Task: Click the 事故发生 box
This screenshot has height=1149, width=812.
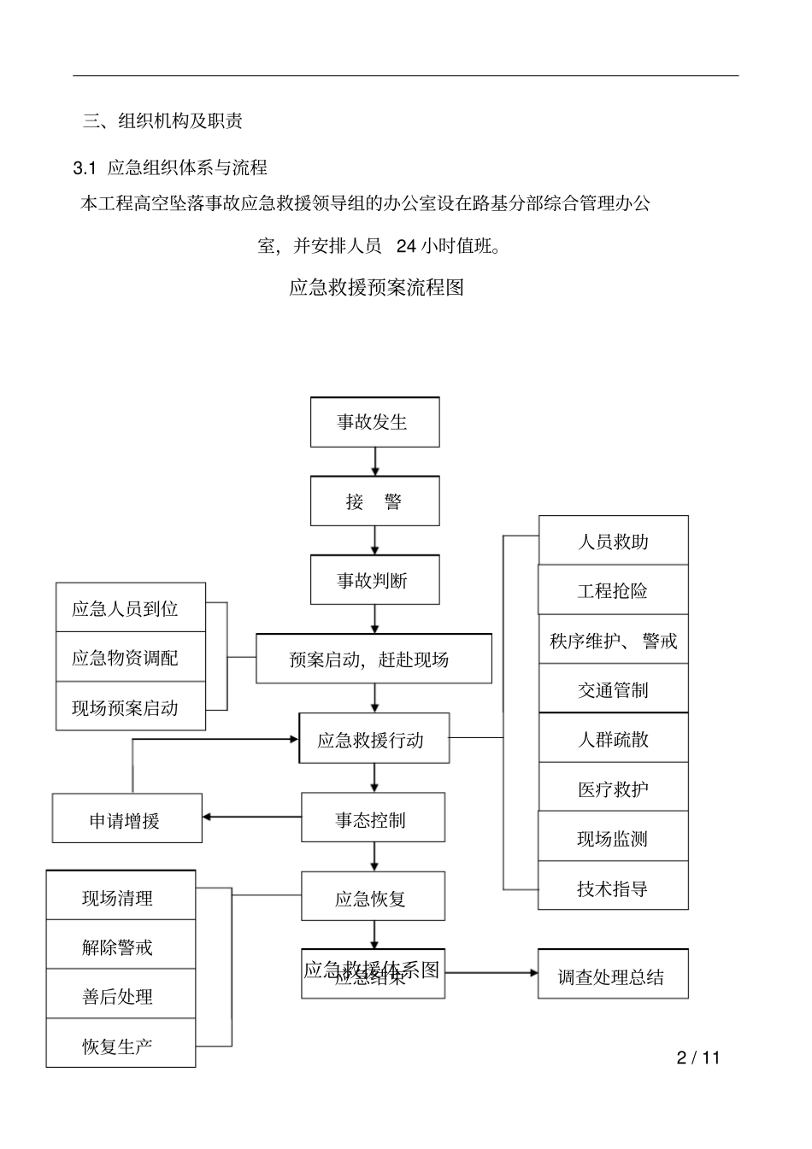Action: pyautogui.click(x=374, y=422)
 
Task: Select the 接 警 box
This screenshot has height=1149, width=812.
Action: pyautogui.click(x=374, y=501)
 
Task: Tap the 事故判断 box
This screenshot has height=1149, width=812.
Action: pyautogui.click(x=374, y=581)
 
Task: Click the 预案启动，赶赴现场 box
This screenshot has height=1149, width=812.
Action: pyautogui.click(x=374, y=659)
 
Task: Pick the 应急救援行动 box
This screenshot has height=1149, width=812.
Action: pyautogui.click(x=374, y=739)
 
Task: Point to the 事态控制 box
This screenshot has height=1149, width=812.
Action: pyautogui.click(x=373, y=818)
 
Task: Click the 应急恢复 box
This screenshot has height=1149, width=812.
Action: pyautogui.click(x=373, y=896)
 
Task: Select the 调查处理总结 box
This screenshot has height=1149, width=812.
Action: pyautogui.click(x=613, y=974)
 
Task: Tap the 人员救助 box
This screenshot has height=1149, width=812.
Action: pyautogui.click(x=613, y=541)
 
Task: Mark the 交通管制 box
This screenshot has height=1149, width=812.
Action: pyautogui.click(x=613, y=689)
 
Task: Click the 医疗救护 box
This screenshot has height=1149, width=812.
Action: pyautogui.click(x=613, y=788)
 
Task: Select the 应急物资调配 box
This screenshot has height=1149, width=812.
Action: pyautogui.click(x=131, y=657)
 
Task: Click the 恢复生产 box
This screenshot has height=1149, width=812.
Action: pyautogui.click(x=121, y=1044)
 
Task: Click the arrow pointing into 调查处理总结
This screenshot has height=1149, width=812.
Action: pyautogui.click(x=491, y=973)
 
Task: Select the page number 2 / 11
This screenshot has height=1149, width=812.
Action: pyautogui.click(x=698, y=1058)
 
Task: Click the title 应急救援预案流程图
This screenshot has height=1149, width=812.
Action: pyautogui.click(x=376, y=287)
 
